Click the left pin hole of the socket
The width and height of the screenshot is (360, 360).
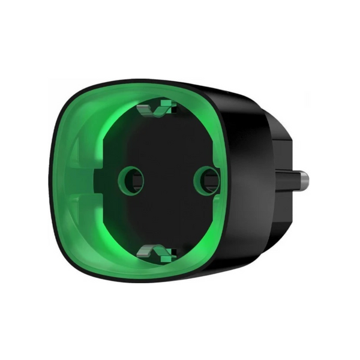[131, 179]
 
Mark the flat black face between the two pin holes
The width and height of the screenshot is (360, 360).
[168, 180]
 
